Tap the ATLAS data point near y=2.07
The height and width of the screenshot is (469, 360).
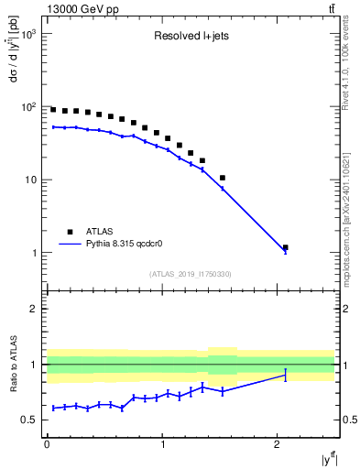[x=286, y=247]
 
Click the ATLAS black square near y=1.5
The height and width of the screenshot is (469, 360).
[x=223, y=178]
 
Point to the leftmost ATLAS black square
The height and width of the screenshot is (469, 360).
[x=53, y=110]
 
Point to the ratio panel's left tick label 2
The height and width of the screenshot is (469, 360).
[x=33, y=309]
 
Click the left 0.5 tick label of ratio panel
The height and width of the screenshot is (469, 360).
[x=28, y=420]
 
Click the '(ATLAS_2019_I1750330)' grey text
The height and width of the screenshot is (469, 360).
[x=190, y=274]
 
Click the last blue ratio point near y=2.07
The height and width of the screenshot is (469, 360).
[x=286, y=375]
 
